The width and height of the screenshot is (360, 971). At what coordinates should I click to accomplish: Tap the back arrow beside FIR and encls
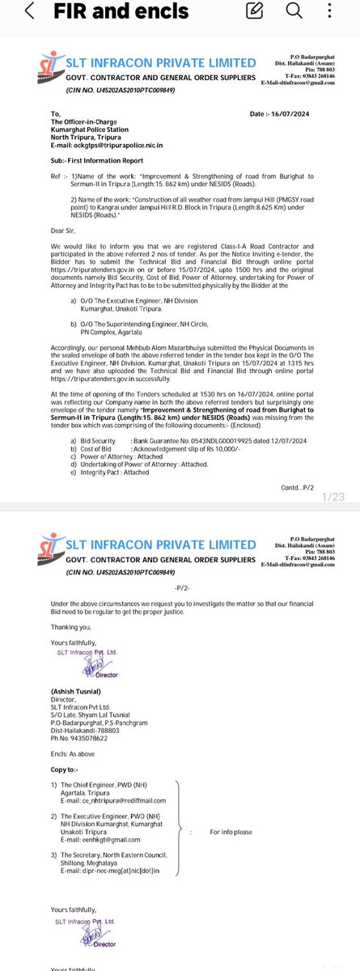29,13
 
